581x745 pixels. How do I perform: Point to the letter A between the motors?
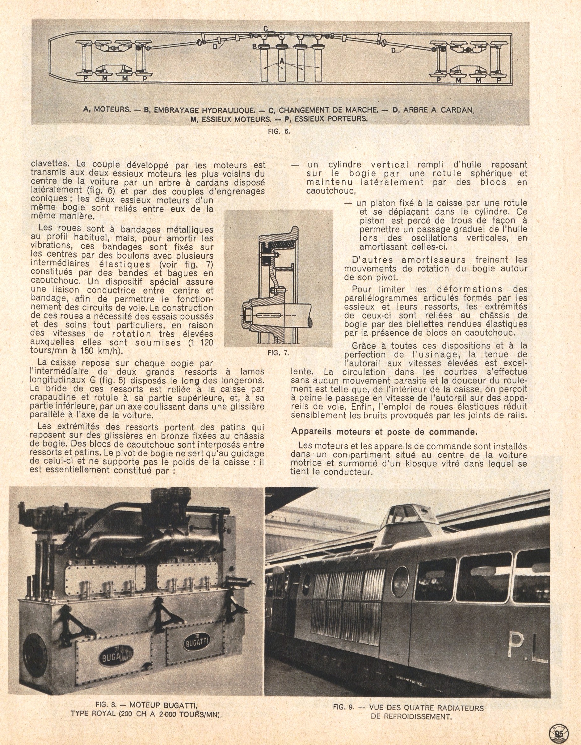[282, 60]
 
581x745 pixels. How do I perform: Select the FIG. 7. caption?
[278, 353]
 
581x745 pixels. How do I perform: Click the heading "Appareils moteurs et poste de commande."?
[384, 431]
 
